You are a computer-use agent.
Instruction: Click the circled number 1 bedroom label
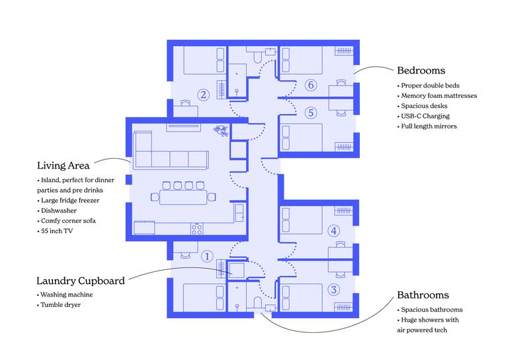click(206, 256)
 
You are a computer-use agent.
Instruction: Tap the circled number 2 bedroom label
click(204, 95)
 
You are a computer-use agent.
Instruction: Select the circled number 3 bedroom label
click(334, 289)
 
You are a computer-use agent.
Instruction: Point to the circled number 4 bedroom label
click(334, 231)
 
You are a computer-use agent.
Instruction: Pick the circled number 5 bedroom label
click(311, 112)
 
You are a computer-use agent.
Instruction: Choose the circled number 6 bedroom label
click(311, 85)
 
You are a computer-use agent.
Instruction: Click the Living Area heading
click(63, 165)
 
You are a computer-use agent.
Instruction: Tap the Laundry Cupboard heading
click(81, 281)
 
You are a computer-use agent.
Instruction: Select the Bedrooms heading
click(421, 70)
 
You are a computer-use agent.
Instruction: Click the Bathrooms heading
click(423, 295)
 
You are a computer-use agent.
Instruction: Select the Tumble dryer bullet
click(62, 305)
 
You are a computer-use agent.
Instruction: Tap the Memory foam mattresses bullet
click(439, 96)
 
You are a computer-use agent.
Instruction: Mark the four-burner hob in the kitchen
click(197, 228)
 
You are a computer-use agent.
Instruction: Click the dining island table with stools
click(183, 196)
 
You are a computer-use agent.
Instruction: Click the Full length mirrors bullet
click(429, 126)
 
